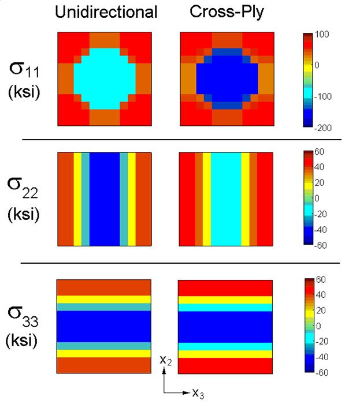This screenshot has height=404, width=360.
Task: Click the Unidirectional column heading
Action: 106,12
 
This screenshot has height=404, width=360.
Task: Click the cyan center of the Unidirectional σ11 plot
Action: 105,79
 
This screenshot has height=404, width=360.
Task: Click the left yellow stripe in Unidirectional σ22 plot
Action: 77,199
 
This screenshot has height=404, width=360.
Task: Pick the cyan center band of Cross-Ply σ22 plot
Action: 226,199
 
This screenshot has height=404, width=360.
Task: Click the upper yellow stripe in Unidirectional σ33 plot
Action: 104,299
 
